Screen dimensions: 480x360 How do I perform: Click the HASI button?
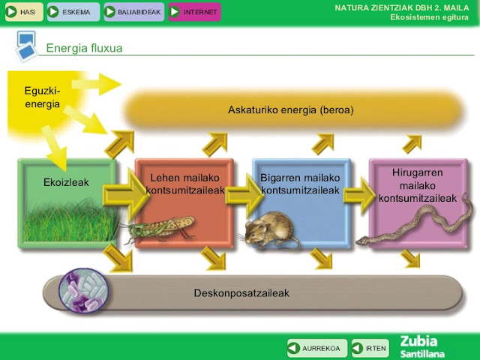(22, 12)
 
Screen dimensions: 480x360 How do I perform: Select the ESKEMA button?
(73, 12)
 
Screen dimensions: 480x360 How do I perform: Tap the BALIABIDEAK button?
(133, 12)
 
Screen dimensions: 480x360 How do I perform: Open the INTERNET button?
(194, 12)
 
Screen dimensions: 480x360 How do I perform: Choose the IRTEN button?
(370, 348)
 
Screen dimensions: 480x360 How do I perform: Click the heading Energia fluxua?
(84, 49)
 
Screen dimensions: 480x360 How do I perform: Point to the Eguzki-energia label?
(43, 97)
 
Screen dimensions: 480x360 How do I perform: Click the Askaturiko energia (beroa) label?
(290, 110)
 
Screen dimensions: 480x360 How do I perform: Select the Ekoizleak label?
(66, 182)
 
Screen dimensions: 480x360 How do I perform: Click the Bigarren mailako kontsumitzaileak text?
(300, 184)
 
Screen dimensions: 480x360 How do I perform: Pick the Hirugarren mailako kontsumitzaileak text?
(418, 185)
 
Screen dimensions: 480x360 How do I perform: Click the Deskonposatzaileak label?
(241, 292)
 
